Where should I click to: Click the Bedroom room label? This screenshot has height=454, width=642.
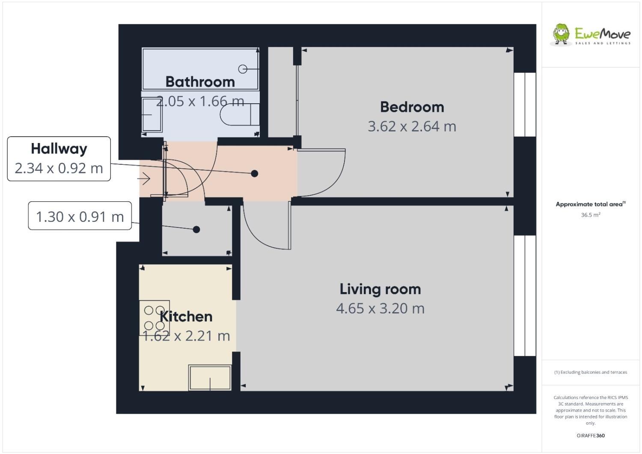click(x=412, y=107)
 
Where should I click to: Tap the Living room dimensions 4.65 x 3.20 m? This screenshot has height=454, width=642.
click(x=380, y=308)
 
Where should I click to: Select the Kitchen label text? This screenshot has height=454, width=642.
click(x=186, y=317)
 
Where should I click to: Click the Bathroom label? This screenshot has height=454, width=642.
click(x=200, y=82)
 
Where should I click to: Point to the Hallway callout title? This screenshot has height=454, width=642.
click(x=59, y=149)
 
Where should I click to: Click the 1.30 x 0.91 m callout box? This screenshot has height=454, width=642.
click(x=80, y=217)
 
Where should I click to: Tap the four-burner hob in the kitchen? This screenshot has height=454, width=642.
click(x=155, y=318)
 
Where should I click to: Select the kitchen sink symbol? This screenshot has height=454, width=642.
click(x=210, y=378)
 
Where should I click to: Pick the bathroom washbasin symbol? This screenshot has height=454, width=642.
click(x=152, y=115)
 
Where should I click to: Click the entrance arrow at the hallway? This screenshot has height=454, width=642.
click(x=145, y=179)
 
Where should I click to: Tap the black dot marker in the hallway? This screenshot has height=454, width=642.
click(x=254, y=173)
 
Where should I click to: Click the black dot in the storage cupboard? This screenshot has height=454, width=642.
click(x=196, y=230)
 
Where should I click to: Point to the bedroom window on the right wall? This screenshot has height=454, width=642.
click(x=525, y=105)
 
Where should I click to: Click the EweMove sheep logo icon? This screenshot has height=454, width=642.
click(x=561, y=34)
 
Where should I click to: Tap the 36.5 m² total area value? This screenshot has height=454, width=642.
click(x=590, y=215)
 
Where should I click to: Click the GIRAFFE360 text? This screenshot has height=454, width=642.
click(x=591, y=436)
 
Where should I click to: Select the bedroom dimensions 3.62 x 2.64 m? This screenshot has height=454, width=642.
click(x=412, y=127)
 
